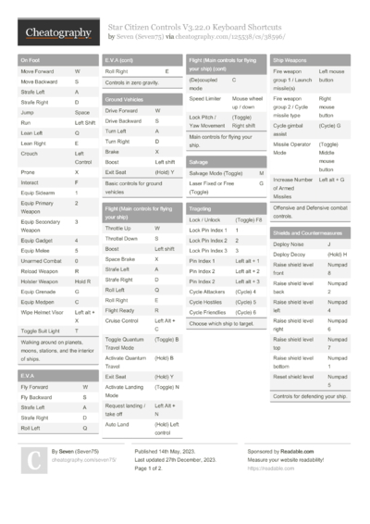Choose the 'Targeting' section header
coord(201,208)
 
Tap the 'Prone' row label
coord(29,172)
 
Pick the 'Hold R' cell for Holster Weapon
coord(83,281)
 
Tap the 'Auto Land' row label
coord(117,423)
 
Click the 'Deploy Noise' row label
coord(290,243)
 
